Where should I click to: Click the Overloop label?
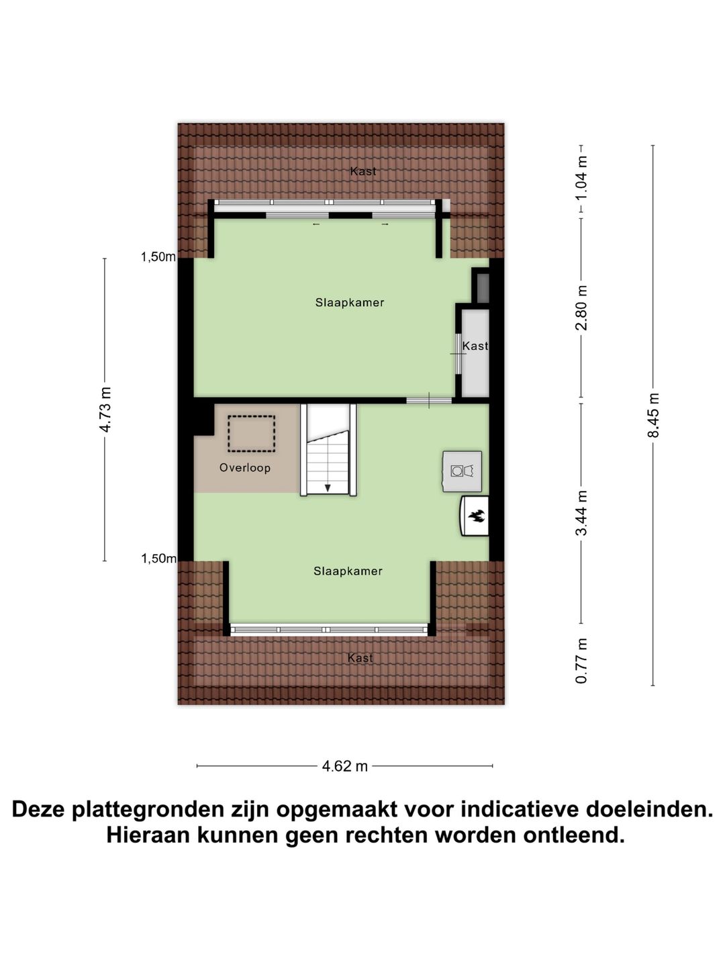coord(244,468)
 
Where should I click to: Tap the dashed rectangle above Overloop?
coord(251,433)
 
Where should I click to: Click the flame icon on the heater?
coord(477,516)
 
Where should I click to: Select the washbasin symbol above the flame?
coord(462,471)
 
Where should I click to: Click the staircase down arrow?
coord(328,488)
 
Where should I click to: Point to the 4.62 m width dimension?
coord(345,766)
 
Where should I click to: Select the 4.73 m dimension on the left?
coord(105,410)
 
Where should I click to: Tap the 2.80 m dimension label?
coord(582,308)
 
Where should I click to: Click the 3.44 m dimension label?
coord(582,512)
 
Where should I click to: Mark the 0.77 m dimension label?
coord(582,661)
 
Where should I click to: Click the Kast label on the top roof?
coord(363,172)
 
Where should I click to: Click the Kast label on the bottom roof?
coord(360,658)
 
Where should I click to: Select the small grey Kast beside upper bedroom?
coord(475,347)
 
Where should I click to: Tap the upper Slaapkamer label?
coord(350,303)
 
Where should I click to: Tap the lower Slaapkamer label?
coord(348,571)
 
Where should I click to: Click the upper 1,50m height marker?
coord(158,257)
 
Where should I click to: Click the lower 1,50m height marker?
coord(158,559)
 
